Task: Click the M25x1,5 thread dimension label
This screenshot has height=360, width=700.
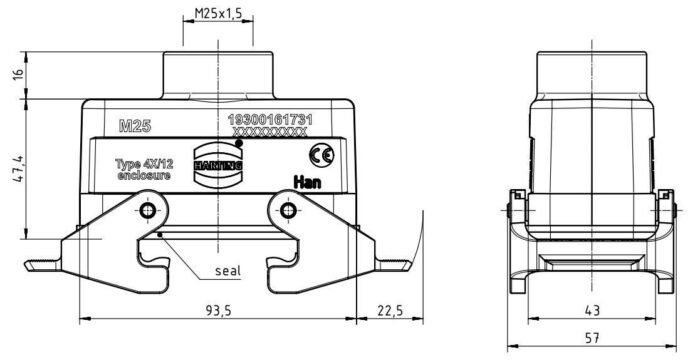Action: pyautogui.click(x=218, y=13)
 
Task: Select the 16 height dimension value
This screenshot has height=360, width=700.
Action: pyautogui.click(x=18, y=75)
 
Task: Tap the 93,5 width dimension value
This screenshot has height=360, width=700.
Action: pyautogui.click(x=218, y=310)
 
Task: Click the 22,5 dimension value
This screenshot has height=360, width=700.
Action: pyautogui.click(x=390, y=310)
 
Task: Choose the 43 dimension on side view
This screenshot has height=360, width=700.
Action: pyautogui.click(x=592, y=310)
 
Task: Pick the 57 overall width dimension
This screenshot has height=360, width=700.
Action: pyautogui.click(x=592, y=338)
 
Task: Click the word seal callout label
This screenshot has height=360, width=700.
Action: pyautogui.click(x=228, y=271)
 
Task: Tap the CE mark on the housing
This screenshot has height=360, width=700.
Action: pyautogui.click(x=321, y=155)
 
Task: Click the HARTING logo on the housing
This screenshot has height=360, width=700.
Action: pyautogui.click(x=218, y=166)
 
